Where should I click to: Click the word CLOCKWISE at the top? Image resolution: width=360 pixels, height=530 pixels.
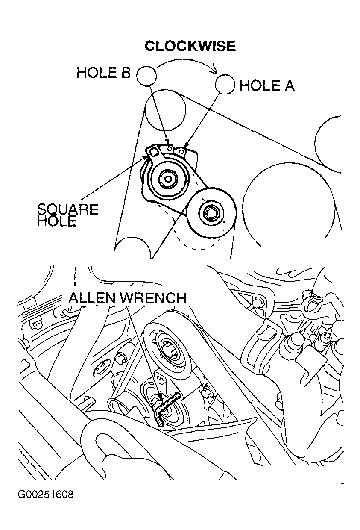190,46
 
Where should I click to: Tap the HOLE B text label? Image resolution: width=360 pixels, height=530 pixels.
103,73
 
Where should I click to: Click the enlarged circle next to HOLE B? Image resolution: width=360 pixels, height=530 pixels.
146,76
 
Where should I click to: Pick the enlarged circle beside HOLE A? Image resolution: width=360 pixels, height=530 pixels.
225,84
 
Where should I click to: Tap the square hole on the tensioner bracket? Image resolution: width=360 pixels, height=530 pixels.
154,151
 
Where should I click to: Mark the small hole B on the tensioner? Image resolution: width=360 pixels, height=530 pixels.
170,148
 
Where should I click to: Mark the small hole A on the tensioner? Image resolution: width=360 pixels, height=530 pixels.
183,151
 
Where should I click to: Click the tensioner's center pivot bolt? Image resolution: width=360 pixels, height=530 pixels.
167,179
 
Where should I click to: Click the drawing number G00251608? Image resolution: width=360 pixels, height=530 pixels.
46,495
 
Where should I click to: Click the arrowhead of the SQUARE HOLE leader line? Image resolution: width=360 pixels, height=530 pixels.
148,157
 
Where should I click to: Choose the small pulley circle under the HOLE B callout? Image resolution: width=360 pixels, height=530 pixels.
165,109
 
